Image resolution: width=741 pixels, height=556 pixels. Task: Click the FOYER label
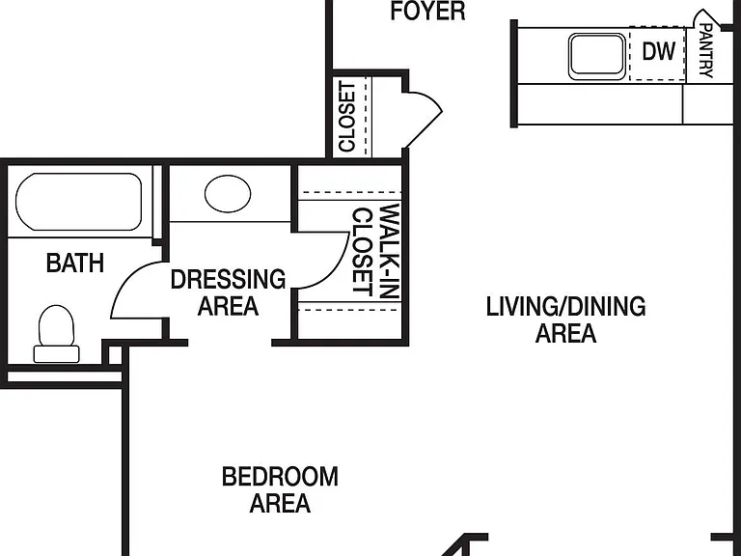tap(427, 11)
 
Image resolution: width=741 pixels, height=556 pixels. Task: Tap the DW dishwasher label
tap(658, 50)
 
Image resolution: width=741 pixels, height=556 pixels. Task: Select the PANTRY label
tap(705, 50)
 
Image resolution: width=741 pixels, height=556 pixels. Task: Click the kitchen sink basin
tap(597, 56)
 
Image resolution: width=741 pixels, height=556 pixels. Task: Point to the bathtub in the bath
tap(78, 202)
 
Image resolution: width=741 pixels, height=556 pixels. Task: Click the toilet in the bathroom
tap(56, 334)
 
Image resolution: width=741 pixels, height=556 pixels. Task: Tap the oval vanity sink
tap(228, 194)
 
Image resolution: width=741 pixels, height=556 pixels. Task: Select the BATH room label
tap(75, 263)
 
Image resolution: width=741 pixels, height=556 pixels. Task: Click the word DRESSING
tap(228, 279)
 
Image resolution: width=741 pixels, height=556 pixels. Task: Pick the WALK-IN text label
tap(391, 251)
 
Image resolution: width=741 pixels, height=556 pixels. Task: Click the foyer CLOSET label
tap(347, 117)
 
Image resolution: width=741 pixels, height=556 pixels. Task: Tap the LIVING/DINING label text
tap(565, 306)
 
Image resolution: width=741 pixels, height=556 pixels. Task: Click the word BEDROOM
tap(280, 476)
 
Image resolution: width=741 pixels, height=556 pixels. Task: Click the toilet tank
tap(56, 354)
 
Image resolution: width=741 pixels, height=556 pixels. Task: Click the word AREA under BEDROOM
tap(280, 503)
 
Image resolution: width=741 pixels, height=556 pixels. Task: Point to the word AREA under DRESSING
tap(228, 306)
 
